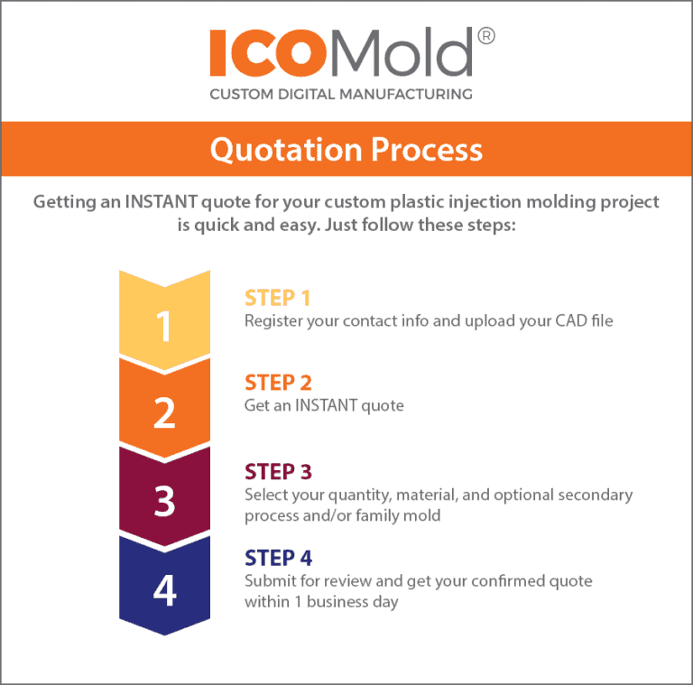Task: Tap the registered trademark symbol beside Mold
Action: [485, 36]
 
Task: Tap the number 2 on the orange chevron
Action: [164, 412]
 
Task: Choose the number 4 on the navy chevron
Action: [164, 589]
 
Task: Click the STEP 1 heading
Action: [278, 298]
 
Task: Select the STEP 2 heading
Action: [278, 384]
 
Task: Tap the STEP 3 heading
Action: [278, 472]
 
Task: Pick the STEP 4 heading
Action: [278, 559]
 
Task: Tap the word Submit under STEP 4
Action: [269, 581]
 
